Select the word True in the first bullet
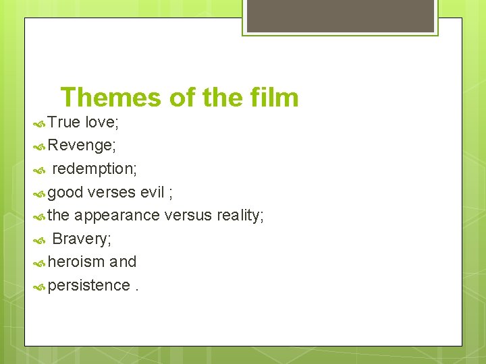pyautogui.click(x=64, y=123)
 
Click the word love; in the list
pyautogui.click(x=101, y=123)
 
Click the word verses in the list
pyautogui.click(x=112, y=192)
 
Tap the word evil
pyautogui.click(x=152, y=192)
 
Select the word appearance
pyautogui.click(x=117, y=216)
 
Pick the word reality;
pyautogui.click(x=240, y=216)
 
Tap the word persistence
pyautogui.click(x=88, y=286)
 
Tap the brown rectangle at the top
pyautogui.click(x=340, y=16)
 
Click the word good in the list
pyautogui.click(x=66, y=192)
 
